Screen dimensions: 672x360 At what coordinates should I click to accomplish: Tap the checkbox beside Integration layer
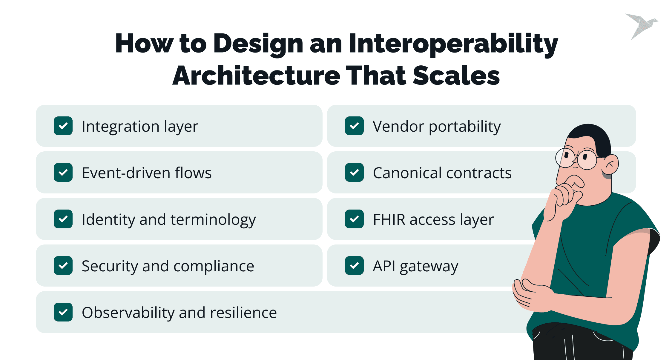click(x=63, y=126)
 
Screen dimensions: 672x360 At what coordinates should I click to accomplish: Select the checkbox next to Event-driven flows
click(x=63, y=173)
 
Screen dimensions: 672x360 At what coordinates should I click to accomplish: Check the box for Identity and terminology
click(x=63, y=219)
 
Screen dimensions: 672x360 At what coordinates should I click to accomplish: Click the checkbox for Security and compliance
click(x=63, y=266)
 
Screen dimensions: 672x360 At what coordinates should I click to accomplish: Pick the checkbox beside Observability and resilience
click(x=63, y=312)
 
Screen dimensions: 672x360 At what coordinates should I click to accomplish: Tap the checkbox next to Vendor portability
click(x=354, y=126)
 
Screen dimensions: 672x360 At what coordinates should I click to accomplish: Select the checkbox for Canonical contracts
click(x=354, y=173)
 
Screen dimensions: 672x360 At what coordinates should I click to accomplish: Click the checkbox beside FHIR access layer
click(x=354, y=219)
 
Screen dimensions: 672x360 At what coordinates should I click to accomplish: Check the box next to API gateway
click(x=354, y=266)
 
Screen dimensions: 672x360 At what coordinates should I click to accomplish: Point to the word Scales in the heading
click(x=456, y=76)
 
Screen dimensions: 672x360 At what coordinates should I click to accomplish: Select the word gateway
click(x=429, y=267)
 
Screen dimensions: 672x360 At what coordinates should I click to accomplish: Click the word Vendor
click(x=398, y=126)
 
